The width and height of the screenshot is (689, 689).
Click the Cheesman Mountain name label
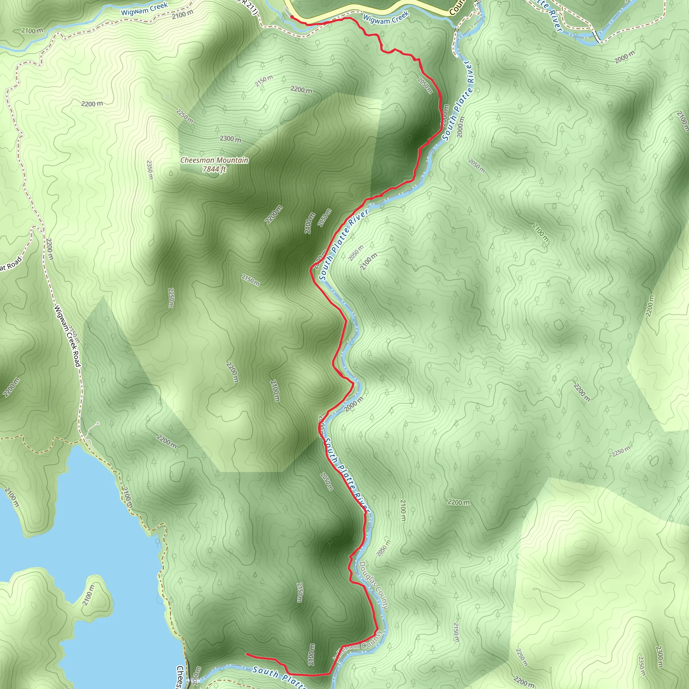point(214,160)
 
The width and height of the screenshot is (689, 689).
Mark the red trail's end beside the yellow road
point(292,16)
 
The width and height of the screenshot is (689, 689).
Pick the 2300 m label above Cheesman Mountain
point(230,138)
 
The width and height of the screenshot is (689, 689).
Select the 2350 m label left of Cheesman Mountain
point(150,170)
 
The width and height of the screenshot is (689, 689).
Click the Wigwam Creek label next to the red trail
point(386,18)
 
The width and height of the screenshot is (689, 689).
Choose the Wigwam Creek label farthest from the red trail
point(144,9)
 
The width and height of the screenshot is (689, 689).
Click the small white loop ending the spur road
point(97,423)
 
